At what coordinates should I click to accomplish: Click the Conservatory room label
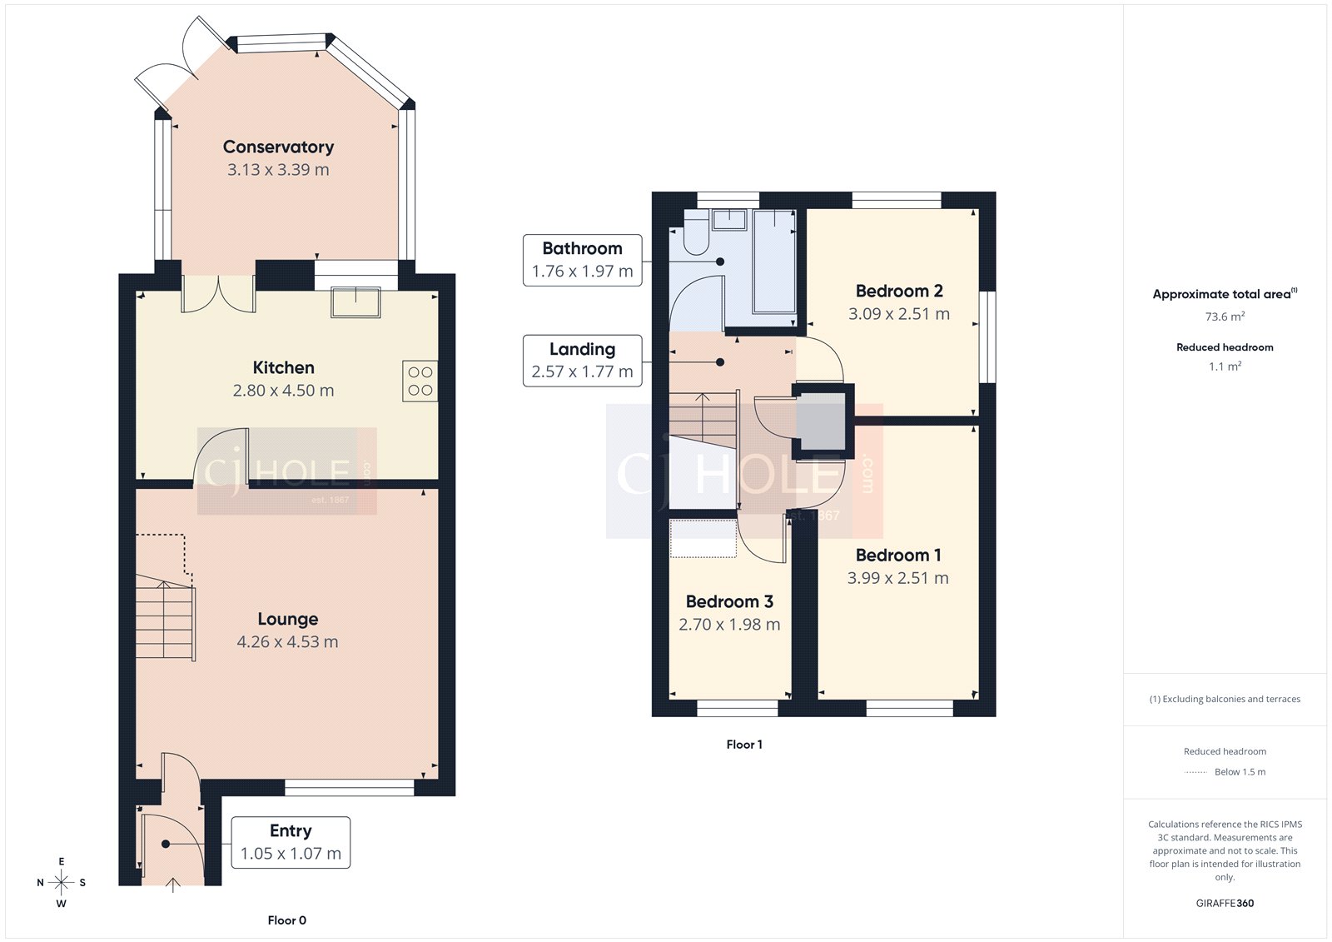point(278,147)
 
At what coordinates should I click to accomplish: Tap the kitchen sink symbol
point(355,302)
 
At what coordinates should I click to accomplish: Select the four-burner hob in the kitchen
point(420,381)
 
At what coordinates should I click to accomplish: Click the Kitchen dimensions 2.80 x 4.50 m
point(283,391)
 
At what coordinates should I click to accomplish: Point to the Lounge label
point(287,620)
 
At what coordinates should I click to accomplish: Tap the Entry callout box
point(291,842)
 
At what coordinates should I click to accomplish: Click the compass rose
point(61,882)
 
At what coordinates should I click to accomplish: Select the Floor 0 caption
point(286,920)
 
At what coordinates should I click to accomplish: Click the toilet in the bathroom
point(695,234)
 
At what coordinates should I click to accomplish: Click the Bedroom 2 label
point(899,292)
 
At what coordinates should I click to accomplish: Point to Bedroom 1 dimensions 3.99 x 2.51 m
point(897,578)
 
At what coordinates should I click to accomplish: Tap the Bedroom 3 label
point(729,602)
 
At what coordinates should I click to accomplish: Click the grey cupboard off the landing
point(821,421)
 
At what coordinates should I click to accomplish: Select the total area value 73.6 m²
point(1225,316)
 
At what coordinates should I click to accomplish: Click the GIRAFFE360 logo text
point(1225,903)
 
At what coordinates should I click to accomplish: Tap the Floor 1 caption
point(743,745)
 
